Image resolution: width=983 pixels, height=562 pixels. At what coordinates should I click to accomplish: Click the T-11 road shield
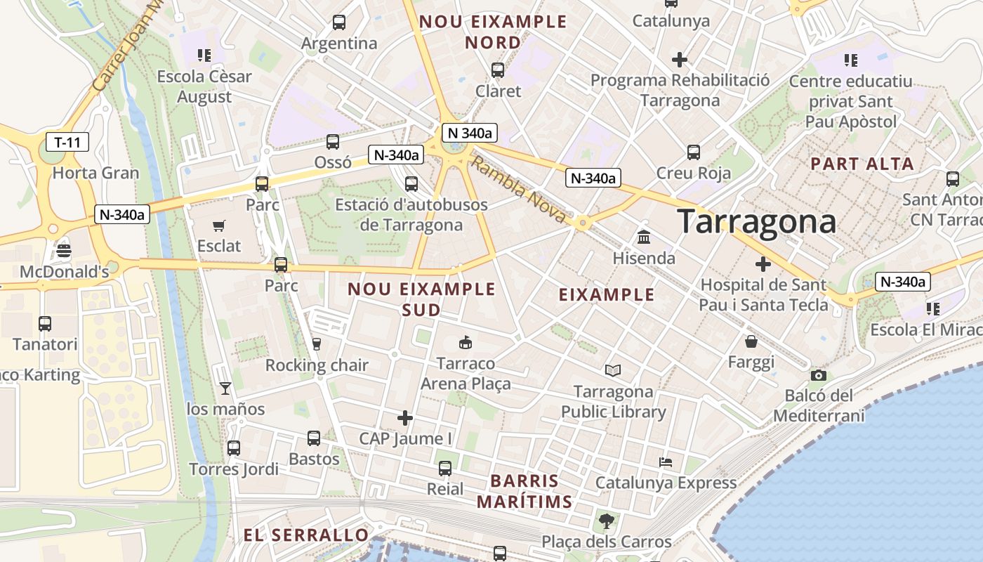67,143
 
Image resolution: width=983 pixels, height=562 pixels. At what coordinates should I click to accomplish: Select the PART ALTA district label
862,164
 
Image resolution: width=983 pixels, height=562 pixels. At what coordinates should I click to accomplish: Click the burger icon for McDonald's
64,251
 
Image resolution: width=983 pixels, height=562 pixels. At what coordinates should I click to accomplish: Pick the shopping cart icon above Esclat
219,226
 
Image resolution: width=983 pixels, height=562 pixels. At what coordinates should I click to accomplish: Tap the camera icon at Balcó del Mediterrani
818,376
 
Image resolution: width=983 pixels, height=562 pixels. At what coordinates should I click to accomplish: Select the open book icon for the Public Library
613,370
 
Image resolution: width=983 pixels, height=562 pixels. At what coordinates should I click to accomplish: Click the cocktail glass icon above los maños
225,388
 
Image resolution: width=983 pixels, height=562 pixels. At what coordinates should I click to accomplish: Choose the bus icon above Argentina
339,22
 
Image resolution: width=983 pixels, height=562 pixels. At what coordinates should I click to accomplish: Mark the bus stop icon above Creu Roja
694,152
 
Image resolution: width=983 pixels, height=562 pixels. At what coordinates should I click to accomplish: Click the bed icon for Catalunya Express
666,462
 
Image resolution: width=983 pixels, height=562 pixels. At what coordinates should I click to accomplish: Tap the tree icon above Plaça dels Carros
606,521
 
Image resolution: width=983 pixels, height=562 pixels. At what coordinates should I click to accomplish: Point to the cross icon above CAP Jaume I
405,419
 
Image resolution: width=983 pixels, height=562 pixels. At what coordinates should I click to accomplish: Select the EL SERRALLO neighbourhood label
306,535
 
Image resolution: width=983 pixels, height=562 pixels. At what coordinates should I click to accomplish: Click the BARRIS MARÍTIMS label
525,492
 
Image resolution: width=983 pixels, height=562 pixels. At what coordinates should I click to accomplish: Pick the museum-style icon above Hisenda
644,237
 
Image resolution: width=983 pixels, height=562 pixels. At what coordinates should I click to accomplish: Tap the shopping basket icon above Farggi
751,342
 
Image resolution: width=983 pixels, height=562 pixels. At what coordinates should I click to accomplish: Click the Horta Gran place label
96,173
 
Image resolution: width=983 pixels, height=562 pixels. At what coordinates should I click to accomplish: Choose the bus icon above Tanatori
45,324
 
